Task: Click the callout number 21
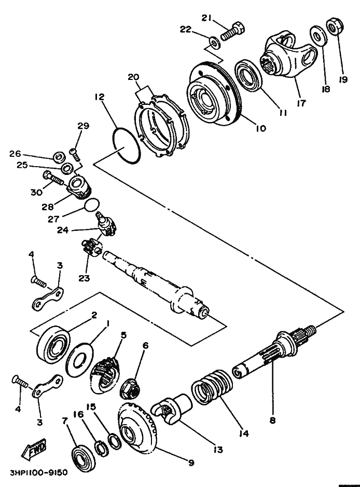pos(207,18)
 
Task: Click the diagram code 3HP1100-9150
pos(38,474)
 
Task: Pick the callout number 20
pos(134,77)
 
